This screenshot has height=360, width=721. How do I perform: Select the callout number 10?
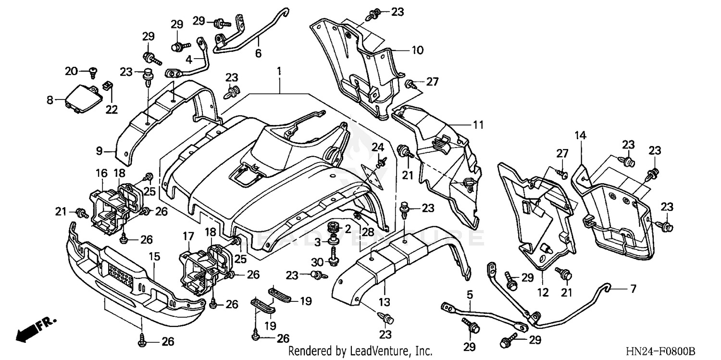coord(417,50)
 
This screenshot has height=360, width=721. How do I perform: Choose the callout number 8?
coord(50,100)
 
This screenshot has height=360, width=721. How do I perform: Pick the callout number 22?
coord(112,110)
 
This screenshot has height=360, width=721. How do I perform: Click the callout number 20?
coord(71,71)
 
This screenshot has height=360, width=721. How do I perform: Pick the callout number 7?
coord(633,289)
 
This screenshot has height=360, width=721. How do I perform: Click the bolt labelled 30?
coord(332,261)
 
